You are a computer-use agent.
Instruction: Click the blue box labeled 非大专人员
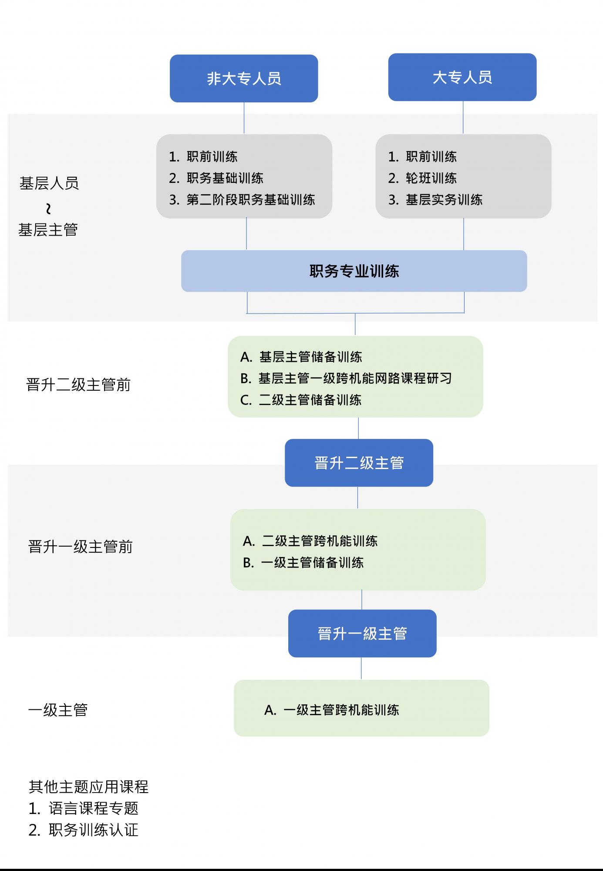tap(244, 78)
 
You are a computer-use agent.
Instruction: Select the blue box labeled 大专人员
tap(462, 77)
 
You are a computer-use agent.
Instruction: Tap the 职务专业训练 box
tap(354, 271)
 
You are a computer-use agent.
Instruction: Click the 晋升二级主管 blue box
tap(359, 463)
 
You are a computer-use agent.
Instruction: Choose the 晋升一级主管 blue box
tap(362, 633)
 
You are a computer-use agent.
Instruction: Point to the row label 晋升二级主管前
tap(78, 385)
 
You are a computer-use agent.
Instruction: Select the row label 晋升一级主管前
tap(80, 547)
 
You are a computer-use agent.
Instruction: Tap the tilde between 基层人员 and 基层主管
tap(48, 209)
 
